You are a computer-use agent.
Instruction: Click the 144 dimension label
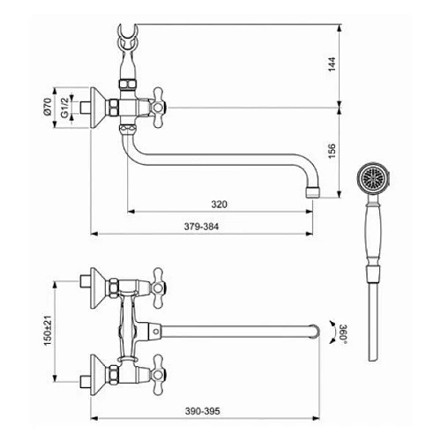pos(332,64)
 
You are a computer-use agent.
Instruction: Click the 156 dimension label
pos(332,151)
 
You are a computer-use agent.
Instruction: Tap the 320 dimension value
pos(219,205)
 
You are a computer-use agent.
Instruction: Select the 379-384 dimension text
pos(201,227)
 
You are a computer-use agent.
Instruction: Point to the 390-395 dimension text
pos(202,411)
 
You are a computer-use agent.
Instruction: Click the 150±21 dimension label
pos(48,331)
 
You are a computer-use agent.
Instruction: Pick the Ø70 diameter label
pos(48,107)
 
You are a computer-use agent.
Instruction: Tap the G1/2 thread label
pos(64,108)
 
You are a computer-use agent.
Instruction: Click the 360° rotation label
pos(343,333)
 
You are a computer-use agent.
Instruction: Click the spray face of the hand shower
pos(373,177)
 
